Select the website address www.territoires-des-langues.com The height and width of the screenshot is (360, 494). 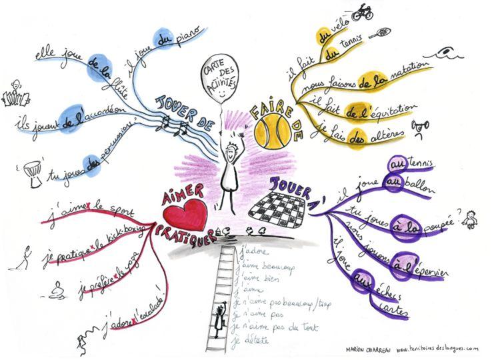coord(437,347)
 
